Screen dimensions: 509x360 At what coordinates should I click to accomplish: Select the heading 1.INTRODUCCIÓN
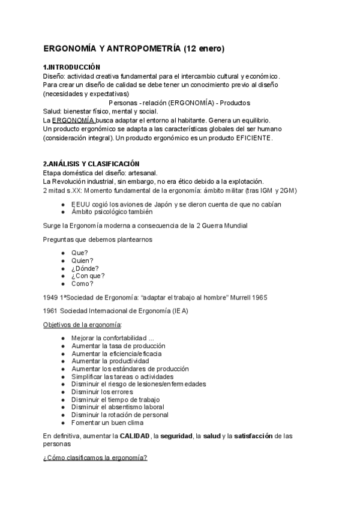pyautogui.click(x=72, y=67)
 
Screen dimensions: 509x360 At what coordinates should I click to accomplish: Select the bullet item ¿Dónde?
pyautogui.click(x=85, y=268)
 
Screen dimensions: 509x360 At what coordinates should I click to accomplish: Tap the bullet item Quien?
pyautogui.click(x=82, y=261)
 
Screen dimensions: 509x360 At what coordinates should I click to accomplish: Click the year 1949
pyautogui.click(x=51, y=297)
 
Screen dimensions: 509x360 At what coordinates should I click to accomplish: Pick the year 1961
pyautogui.click(x=51, y=311)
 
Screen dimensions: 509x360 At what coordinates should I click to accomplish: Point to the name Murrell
pyautogui.click(x=239, y=297)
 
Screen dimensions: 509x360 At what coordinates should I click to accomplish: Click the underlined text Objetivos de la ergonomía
pyautogui.click(x=82, y=325)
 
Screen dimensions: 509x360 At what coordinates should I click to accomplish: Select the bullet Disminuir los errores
pyautogui.click(x=102, y=392)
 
